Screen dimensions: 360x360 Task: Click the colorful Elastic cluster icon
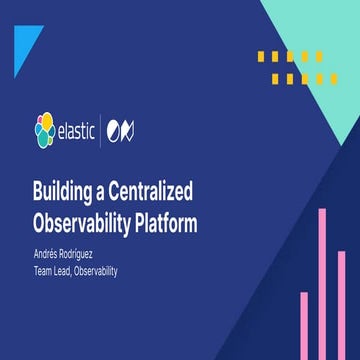pos(43,130)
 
